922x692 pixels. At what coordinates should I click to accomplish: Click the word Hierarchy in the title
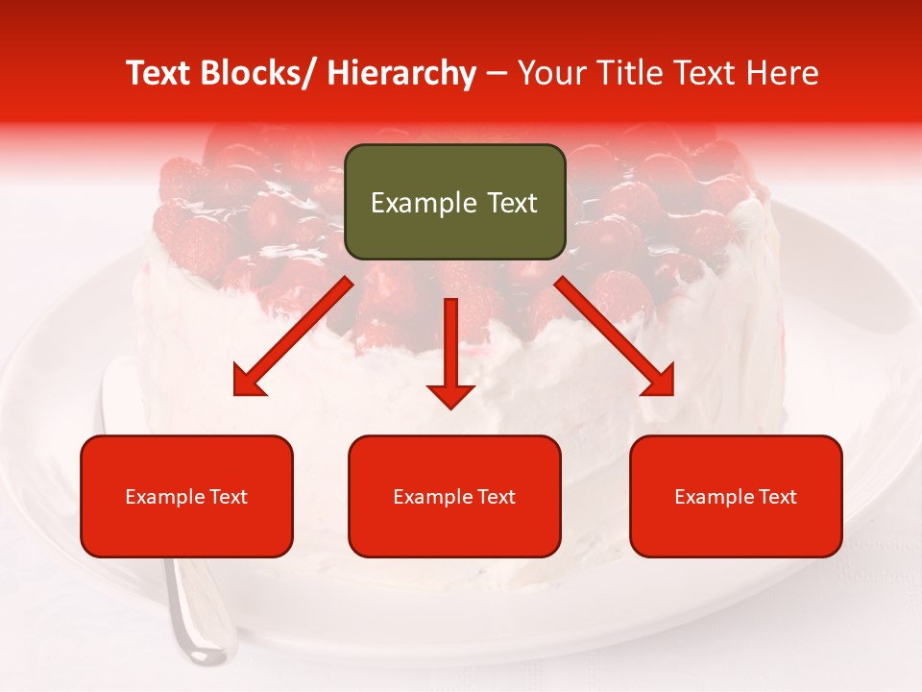[400, 74]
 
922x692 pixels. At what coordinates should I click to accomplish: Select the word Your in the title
[551, 74]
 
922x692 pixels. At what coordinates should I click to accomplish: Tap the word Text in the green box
[511, 204]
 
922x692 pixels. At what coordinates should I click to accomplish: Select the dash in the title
[497, 74]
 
